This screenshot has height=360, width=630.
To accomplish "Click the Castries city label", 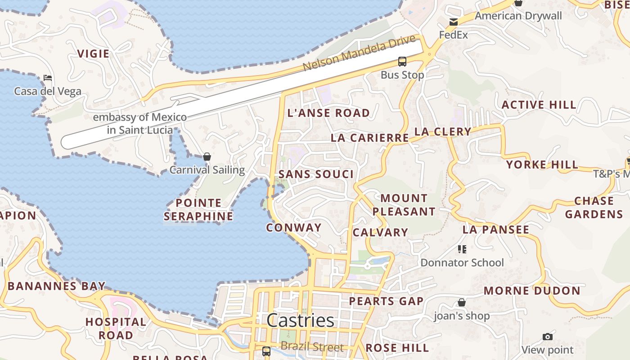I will click(x=300, y=320).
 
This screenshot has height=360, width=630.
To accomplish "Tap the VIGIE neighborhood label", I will click(x=93, y=54).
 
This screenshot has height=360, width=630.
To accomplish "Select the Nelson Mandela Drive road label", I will click(x=359, y=54).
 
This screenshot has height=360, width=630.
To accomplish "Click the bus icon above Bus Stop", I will click(x=402, y=62).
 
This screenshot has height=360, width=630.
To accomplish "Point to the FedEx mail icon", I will click(x=453, y=22).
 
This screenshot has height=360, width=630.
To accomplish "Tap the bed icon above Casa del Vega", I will click(x=48, y=78).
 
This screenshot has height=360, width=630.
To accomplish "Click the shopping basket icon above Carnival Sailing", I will click(x=207, y=157).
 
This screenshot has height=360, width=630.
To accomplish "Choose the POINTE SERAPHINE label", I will click(x=198, y=210).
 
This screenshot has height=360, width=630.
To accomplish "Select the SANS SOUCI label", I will click(x=316, y=175).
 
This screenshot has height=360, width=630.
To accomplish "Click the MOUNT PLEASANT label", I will click(x=404, y=205).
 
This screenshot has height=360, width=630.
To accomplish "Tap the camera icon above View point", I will click(x=547, y=337).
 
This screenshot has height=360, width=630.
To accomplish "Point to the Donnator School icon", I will click(x=462, y=249).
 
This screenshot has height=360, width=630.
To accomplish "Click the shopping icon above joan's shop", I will click(x=462, y=302).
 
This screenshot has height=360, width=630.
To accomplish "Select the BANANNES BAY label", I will click(x=56, y=286).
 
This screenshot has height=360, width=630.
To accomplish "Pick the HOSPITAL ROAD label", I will click(x=116, y=328).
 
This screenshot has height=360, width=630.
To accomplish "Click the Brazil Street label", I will click(x=312, y=347).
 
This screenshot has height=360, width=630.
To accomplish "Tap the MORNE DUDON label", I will click(x=532, y=291).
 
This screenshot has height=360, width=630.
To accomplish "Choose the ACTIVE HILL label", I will click(x=539, y=105).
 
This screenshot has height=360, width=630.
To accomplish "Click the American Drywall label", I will click(x=518, y=16).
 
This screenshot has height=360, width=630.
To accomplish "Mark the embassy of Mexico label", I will click(x=139, y=124).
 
